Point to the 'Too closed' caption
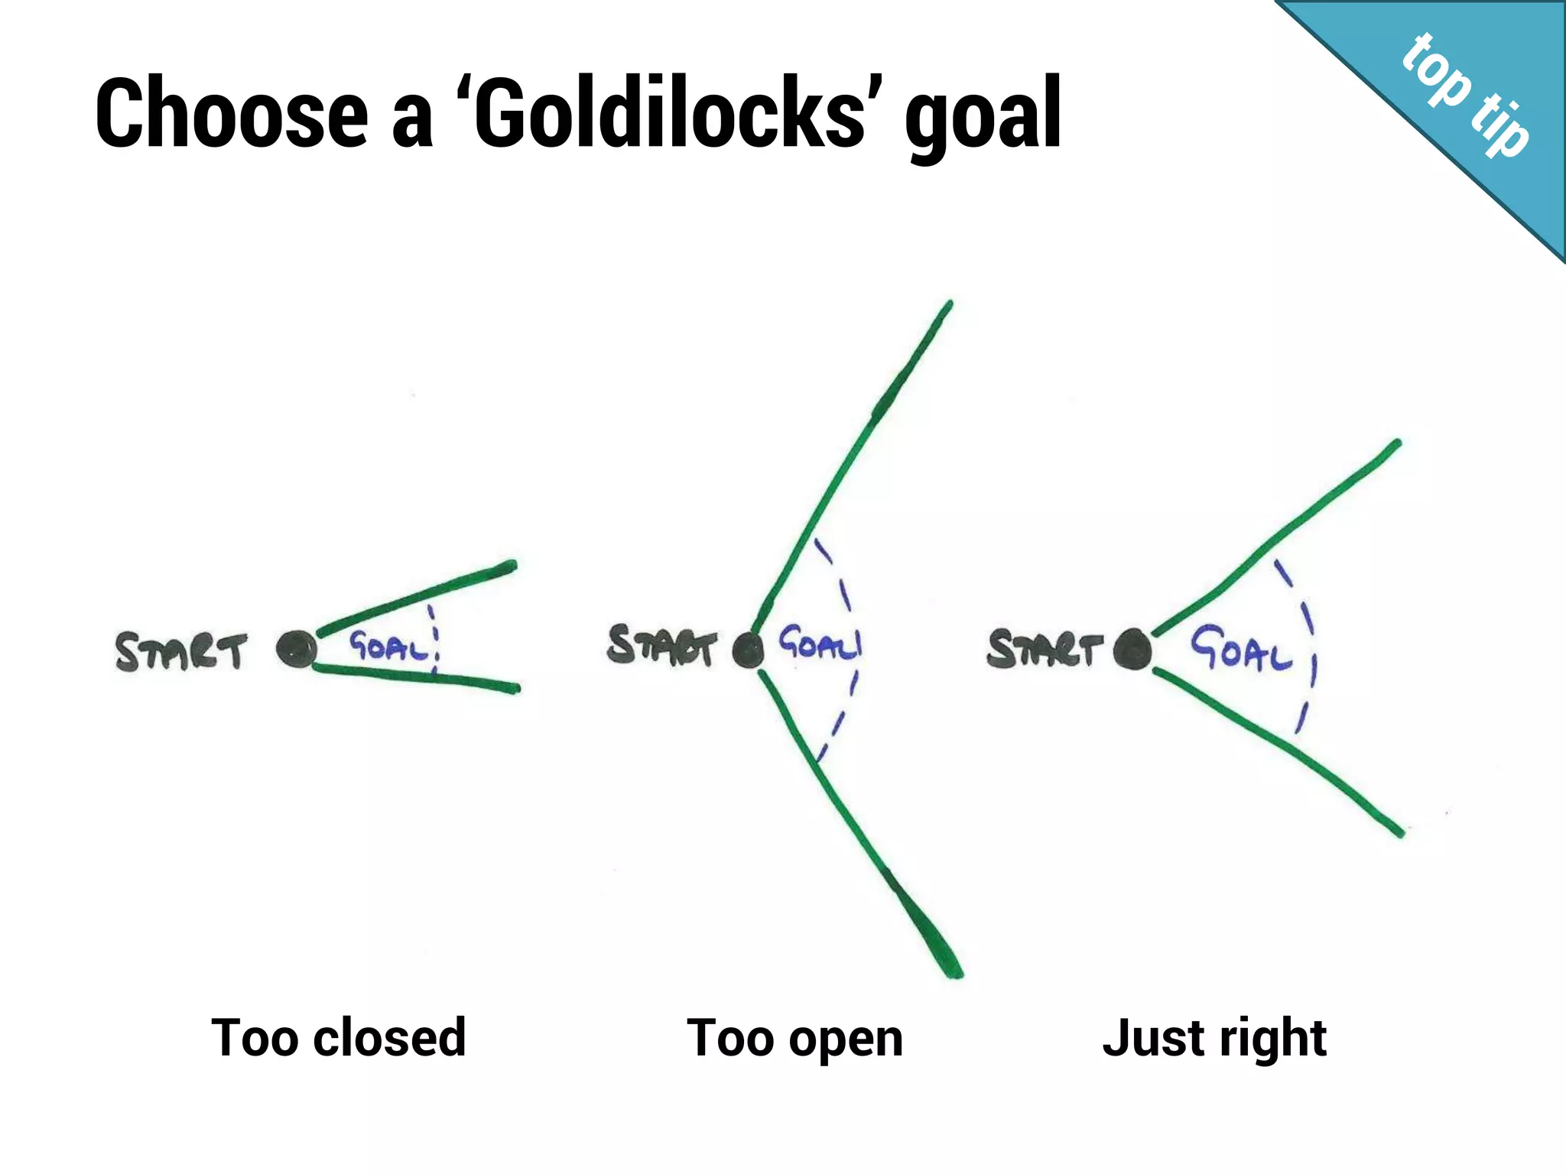[x=339, y=1038]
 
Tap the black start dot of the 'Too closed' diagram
[x=296, y=650]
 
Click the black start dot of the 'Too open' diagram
[x=748, y=650]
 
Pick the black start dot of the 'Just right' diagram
[x=1132, y=650]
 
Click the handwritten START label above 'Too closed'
[x=181, y=652]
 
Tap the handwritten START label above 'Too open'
[x=662, y=646]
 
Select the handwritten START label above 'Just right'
[x=1045, y=649]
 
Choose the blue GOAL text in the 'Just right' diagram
[x=1240, y=647]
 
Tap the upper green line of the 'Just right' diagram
[x=1277, y=535]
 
